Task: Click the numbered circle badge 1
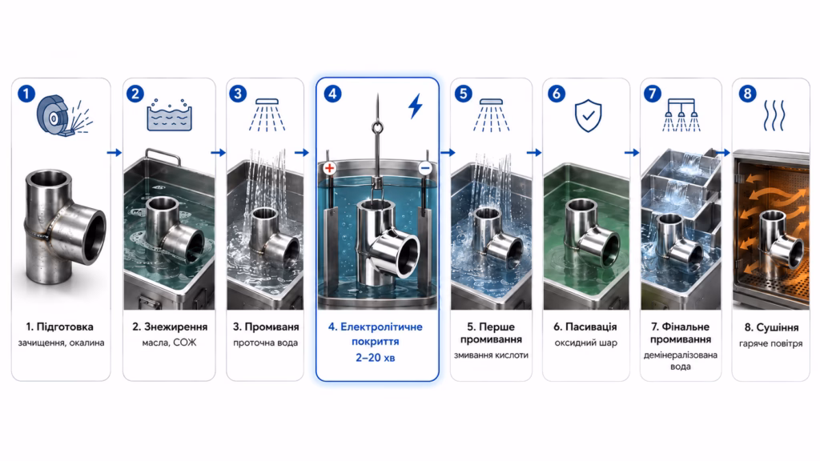26,94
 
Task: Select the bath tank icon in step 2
170,114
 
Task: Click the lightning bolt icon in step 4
416,106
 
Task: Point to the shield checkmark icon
588,115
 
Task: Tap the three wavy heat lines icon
774,115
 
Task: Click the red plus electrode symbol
329,168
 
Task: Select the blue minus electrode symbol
425,168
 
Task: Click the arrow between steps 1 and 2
114,153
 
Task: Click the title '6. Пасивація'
585,327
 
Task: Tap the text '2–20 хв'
376,358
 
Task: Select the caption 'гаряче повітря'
771,343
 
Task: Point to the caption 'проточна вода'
266,343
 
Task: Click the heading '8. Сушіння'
771,327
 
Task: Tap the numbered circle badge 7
652,94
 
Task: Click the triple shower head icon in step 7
681,114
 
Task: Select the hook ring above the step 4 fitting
378,127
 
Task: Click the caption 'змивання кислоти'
491,355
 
